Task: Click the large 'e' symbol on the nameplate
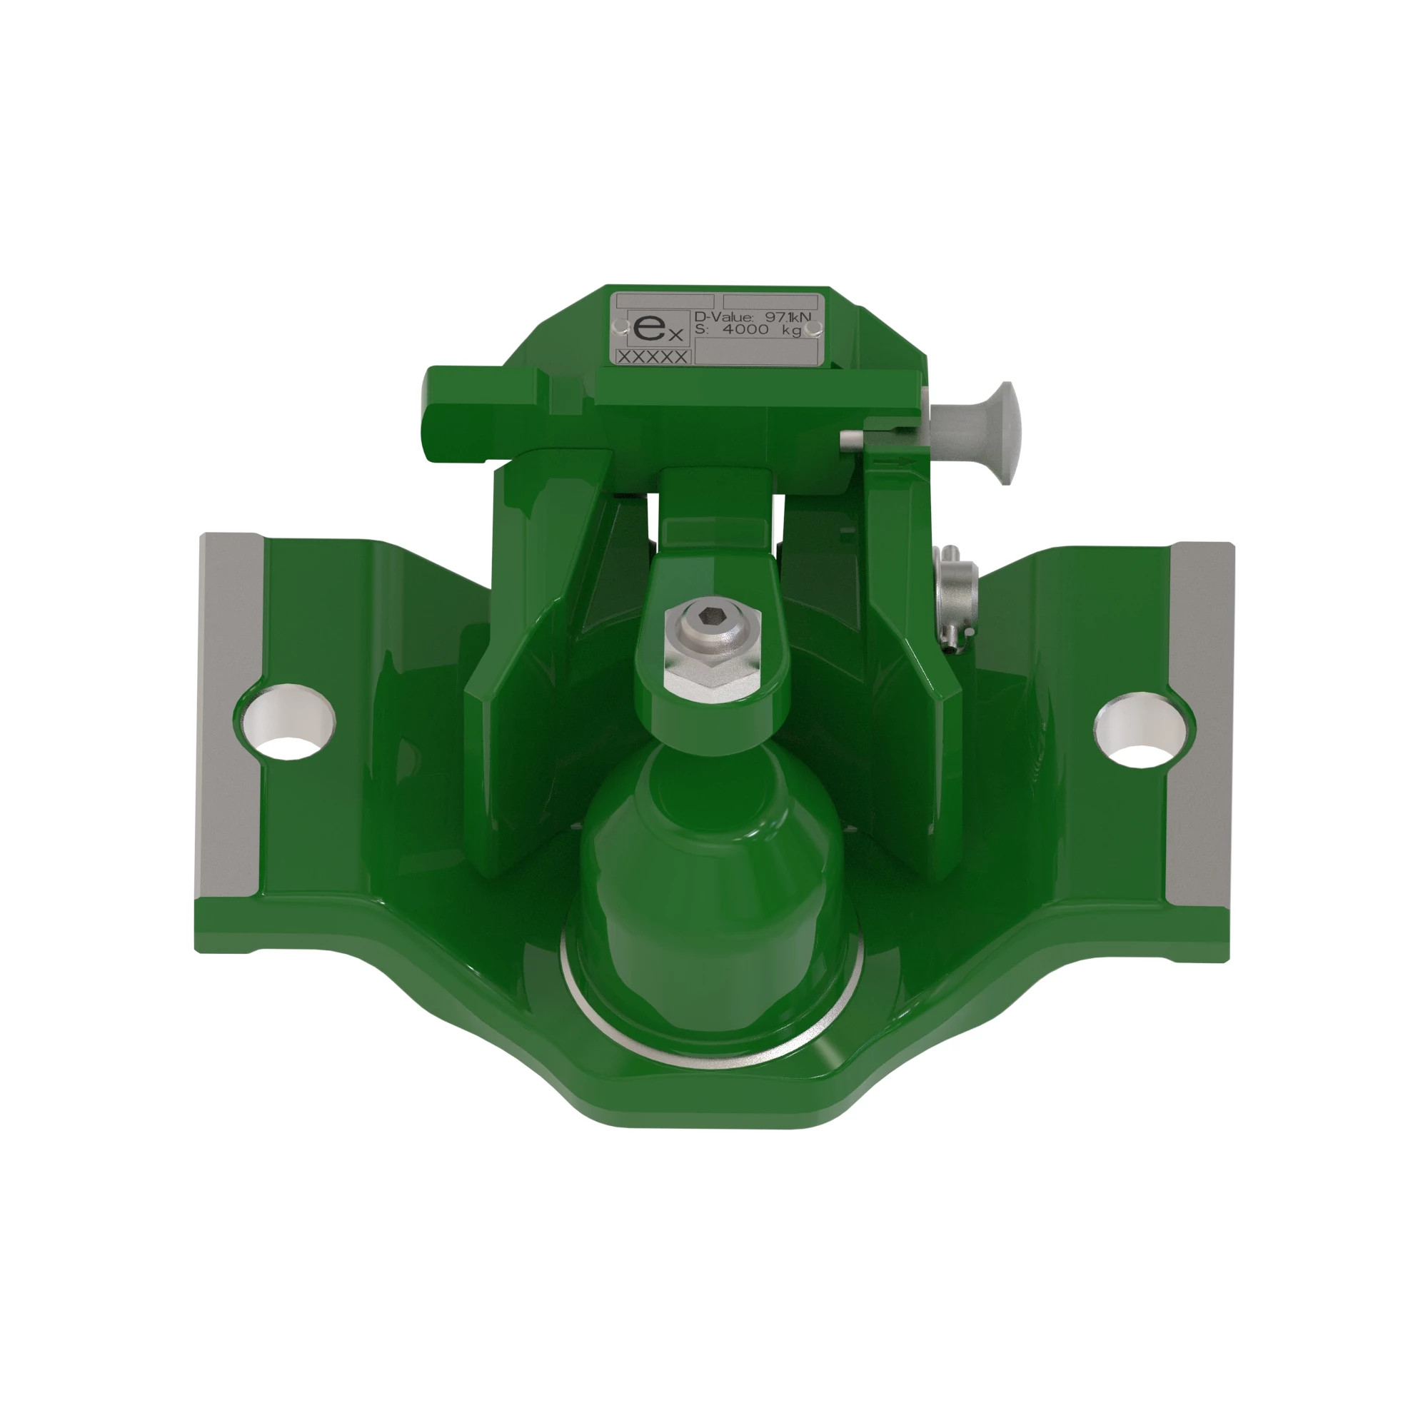[x=645, y=328]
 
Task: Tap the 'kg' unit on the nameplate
[x=792, y=331]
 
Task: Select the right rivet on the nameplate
[x=813, y=328]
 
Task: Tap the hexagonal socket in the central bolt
[x=712, y=614]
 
